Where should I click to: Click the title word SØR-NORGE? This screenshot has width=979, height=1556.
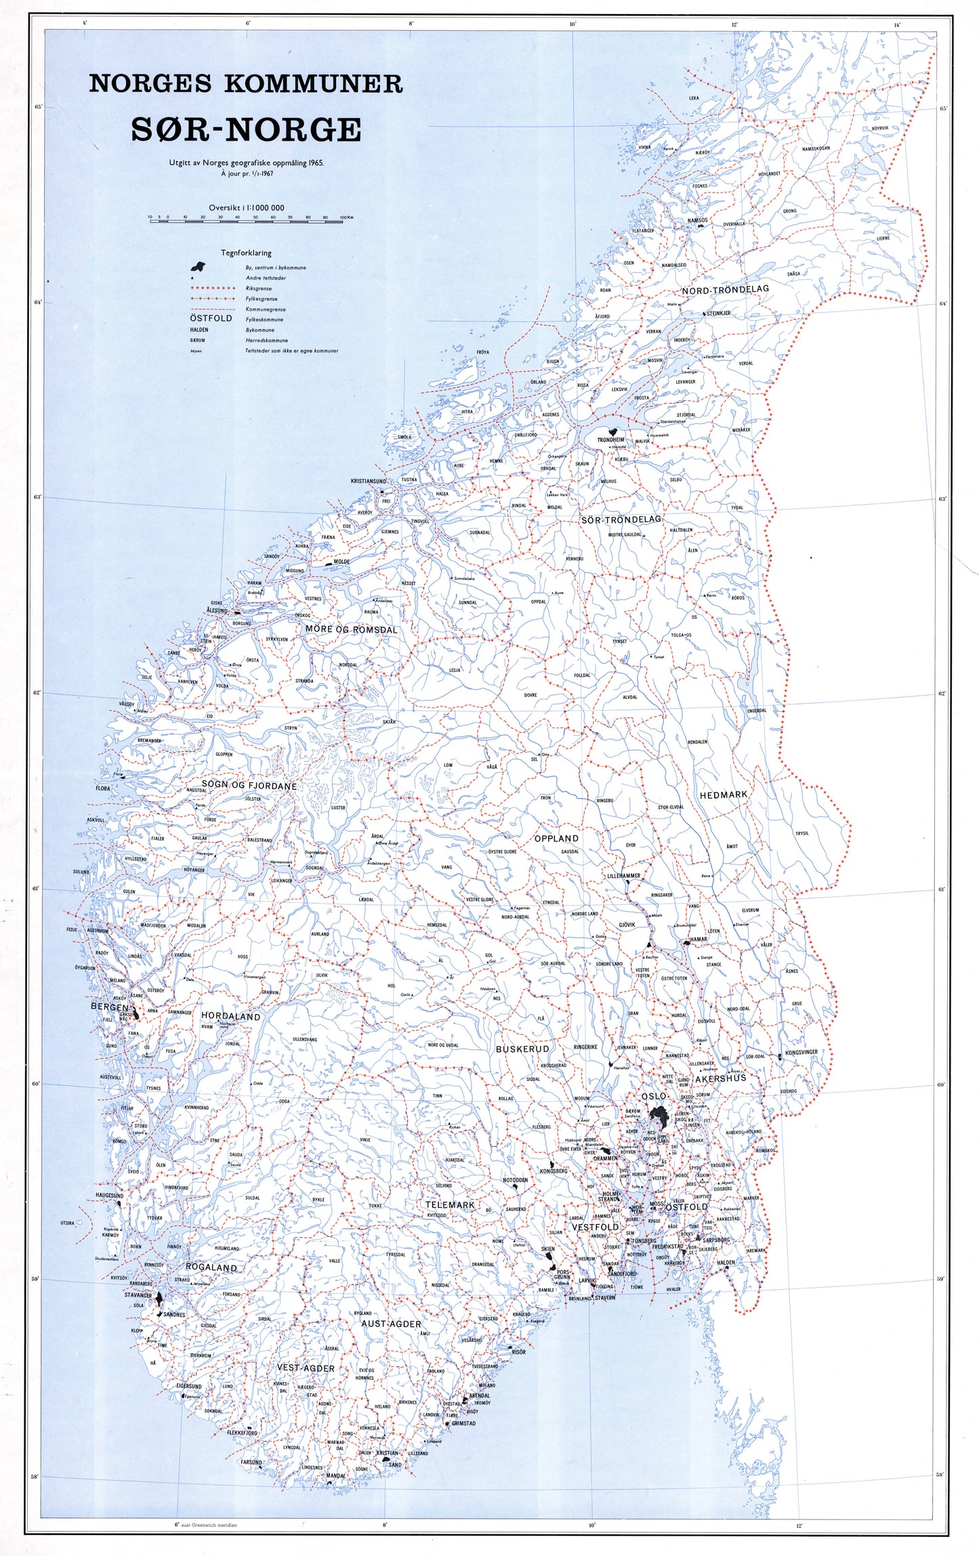pos(246,129)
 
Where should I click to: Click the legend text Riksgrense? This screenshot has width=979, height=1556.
pos(259,288)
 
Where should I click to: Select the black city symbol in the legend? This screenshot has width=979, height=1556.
pos(197,266)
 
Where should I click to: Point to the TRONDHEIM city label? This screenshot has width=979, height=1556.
pos(610,440)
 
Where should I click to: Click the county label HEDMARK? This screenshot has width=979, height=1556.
pos(723,794)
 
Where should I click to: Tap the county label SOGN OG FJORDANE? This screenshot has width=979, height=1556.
pos(249,786)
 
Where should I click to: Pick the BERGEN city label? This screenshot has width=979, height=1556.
pos(109,1007)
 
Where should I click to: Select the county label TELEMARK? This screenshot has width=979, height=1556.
pos(450,1205)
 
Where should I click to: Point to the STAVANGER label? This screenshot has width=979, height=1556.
pos(138,1295)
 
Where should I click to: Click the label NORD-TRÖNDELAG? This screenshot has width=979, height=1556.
pos(726,289)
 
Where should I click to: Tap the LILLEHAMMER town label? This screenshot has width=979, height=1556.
pos(623,876)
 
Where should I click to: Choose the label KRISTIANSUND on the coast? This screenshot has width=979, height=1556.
pos(368,481)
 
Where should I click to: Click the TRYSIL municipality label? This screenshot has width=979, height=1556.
pos(801,833)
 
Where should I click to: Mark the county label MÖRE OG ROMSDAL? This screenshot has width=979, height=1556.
pos(351,629)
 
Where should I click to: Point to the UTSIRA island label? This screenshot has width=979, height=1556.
pos(67,1223)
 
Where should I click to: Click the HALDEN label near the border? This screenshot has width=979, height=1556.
pos(726,1263)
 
